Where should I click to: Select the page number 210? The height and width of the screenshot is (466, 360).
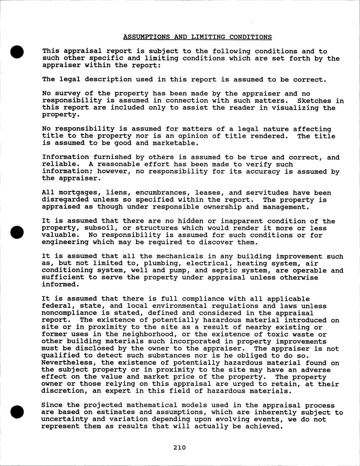point(180,448)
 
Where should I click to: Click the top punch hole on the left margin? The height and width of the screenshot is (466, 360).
point(17,52)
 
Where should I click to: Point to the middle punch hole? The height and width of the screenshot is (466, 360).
point(17,231)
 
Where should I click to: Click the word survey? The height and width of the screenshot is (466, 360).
point(70,94)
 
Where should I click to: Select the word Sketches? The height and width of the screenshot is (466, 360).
point(314,101)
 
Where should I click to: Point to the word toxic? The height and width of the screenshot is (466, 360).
point(284,334)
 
